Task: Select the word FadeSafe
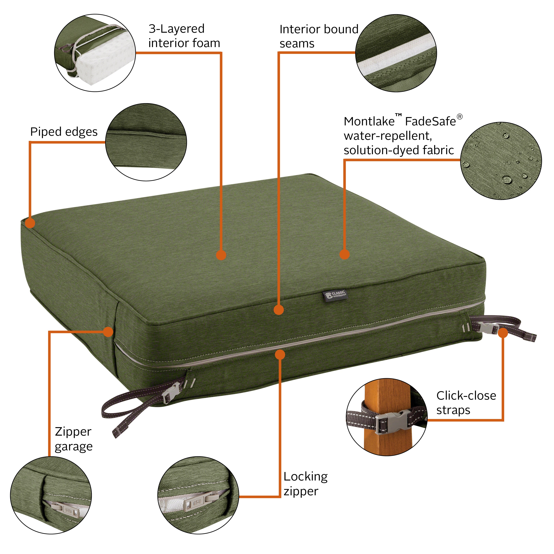click(x=430, y=122)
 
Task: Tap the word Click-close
click(x=466, y=396)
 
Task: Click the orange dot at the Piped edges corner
click(x=30, y=223)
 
